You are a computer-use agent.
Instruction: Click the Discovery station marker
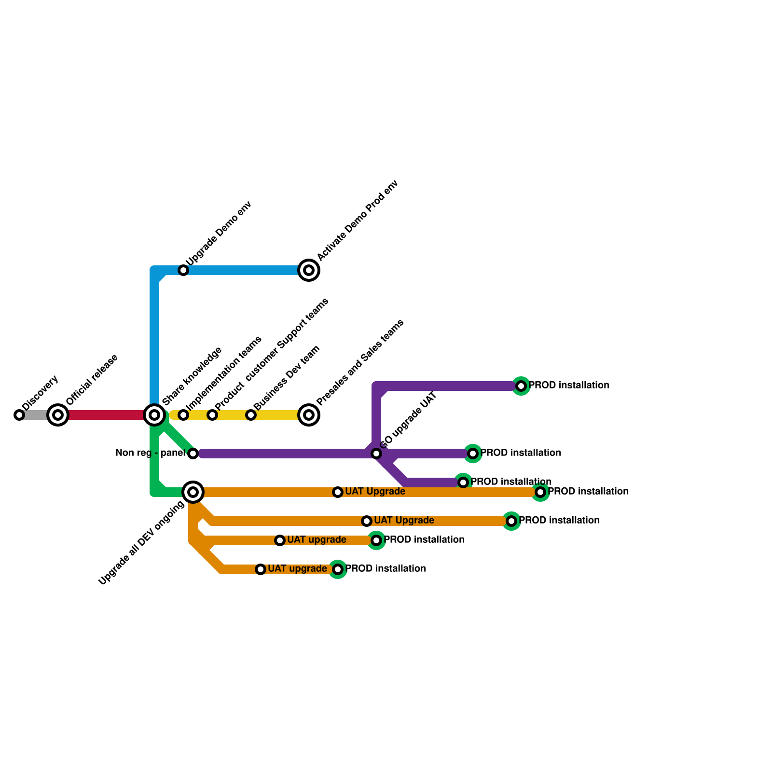point(19,415)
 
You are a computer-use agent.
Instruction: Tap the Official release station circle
point(58,415)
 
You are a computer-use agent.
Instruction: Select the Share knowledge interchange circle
point(154,415)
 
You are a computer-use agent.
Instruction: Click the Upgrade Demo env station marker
point(183,270)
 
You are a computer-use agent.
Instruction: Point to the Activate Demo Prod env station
point(309,270)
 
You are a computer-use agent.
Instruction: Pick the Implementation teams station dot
point(183,415)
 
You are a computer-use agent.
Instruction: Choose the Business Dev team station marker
point(251,415)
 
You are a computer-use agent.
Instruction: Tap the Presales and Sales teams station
point(309,415)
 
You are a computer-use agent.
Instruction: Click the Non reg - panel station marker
point(193,454)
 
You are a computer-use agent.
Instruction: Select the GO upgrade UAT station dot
point(376,454)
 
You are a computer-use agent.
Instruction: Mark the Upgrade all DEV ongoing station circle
point(193,492)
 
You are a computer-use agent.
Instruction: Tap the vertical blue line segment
point(154,338)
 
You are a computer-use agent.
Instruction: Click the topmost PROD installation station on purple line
point(521,386)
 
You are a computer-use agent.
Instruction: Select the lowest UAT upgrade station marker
point(261,569)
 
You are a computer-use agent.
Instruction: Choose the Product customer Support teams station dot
point(212,415)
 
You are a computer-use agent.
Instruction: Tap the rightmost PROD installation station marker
point(540,492)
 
